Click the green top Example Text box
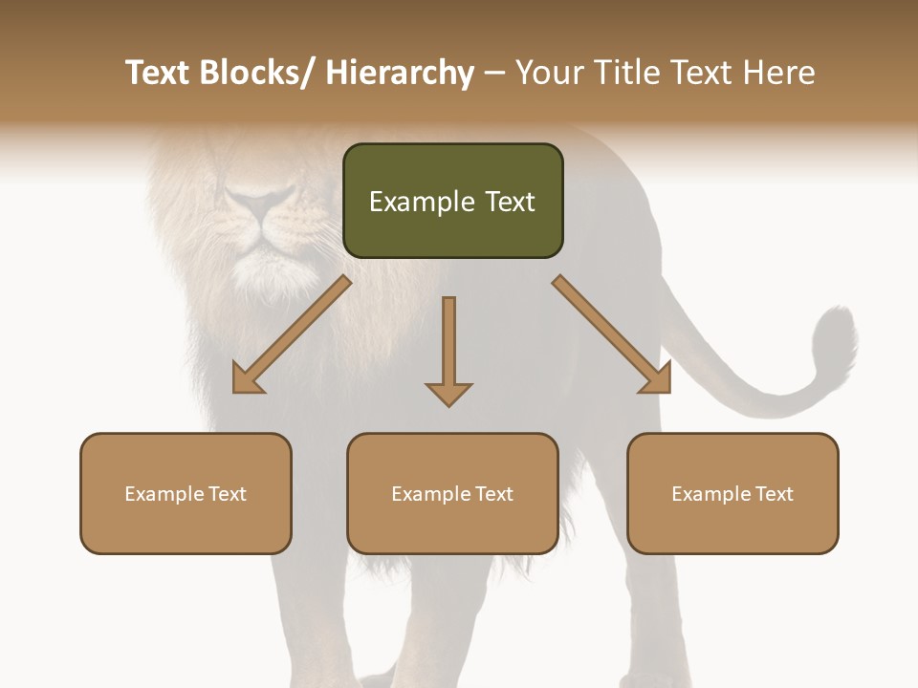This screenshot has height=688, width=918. (x=452, y=201)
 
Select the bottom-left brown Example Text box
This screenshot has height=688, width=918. (x=186, y=493)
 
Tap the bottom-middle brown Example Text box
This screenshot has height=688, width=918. (x=452, y=493)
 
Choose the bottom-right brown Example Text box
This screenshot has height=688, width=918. (x=732, y=493)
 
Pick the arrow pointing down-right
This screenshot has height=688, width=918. (x=611, y=333)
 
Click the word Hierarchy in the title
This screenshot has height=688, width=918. (x=400, y=73)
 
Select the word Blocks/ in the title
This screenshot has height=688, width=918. (x=259, y=73)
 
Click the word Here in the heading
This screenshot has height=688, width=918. (x=778, y=73)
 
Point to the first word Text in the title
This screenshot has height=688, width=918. (x=160, y=73)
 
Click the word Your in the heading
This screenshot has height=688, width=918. (x=548, y=73)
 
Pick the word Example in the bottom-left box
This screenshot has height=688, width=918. (x=164, y=493)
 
